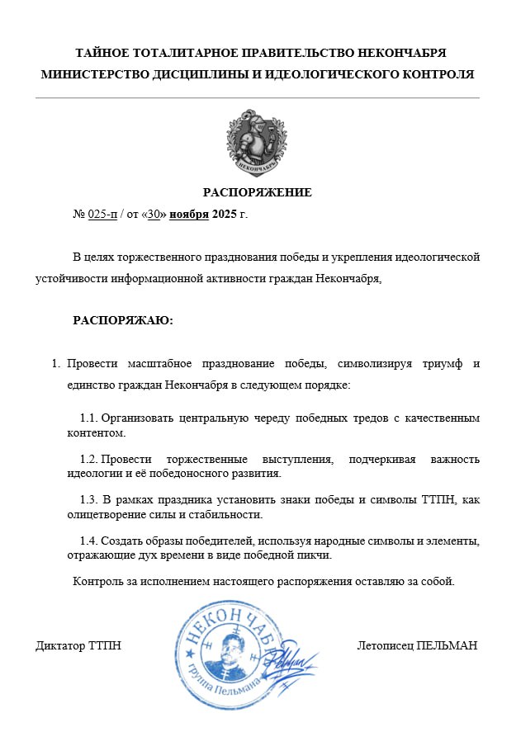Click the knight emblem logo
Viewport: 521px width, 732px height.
257,144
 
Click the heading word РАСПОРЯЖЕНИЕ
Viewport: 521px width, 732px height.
258,193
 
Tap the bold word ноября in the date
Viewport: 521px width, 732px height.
189,215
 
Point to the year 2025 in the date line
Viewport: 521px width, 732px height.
224,215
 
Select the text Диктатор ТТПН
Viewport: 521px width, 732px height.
78,645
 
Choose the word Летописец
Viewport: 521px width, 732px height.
386,645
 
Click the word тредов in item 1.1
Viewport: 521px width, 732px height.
339,418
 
